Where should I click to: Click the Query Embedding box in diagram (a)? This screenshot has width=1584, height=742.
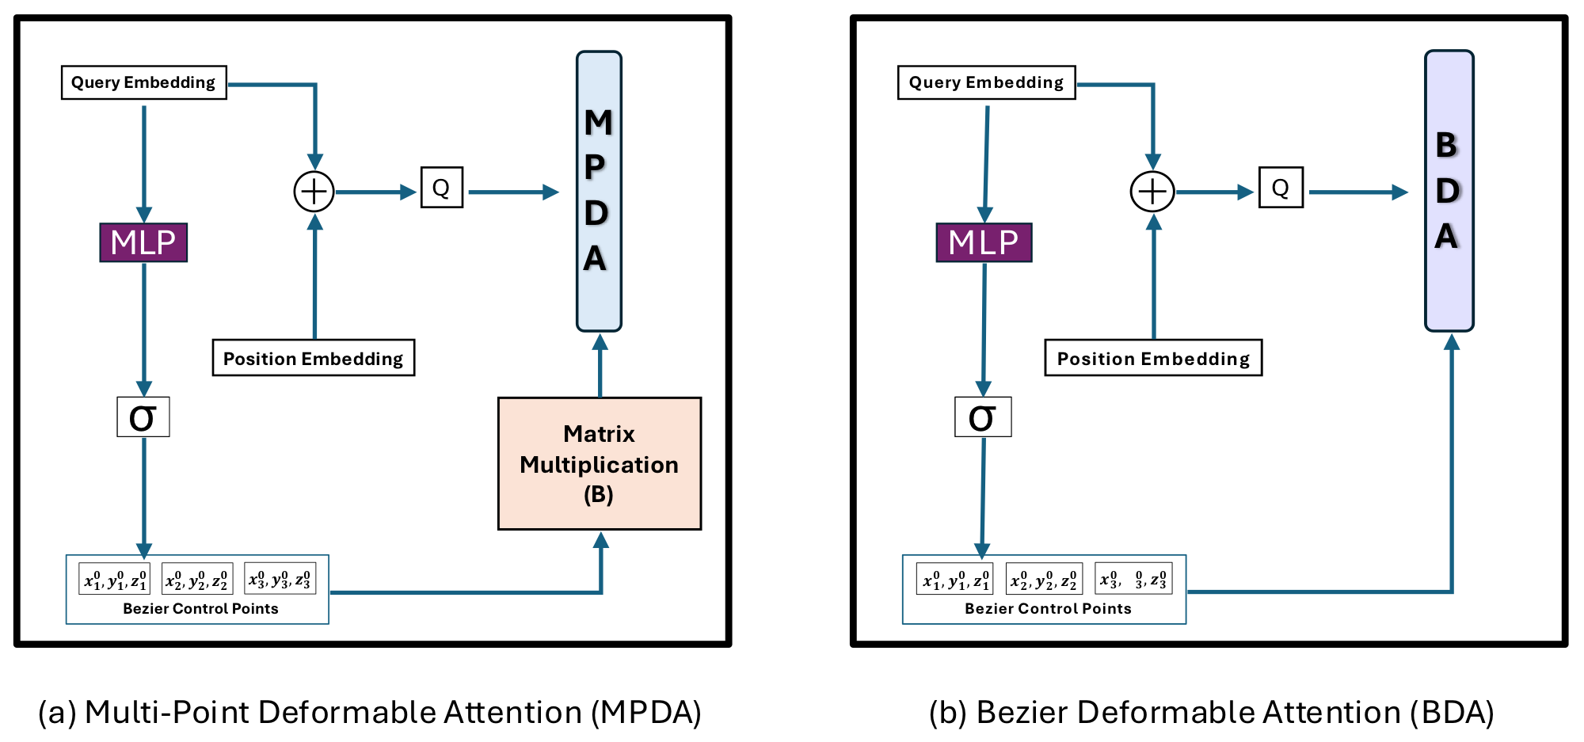tap(143, 82)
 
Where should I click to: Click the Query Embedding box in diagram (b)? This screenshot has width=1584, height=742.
tap(986, 82)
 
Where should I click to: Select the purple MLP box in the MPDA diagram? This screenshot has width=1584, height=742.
tap(143, 242)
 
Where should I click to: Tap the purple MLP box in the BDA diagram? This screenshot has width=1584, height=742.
tap(984, 242)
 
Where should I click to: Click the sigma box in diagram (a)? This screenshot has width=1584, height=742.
tap(143, 417)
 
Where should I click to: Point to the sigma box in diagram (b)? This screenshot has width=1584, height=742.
tap(983, 417)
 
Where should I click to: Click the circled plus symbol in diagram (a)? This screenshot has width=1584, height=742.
tap(314, 192)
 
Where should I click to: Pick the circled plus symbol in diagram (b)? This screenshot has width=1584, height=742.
tap(1152, 192)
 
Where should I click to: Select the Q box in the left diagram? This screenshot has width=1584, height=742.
tap(441, 188)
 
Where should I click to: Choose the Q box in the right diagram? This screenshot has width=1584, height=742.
tap(1281, 188)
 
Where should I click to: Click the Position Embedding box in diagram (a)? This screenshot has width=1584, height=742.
tap(313, 358)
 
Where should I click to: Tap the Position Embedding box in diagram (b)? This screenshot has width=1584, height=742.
tap(1153, 358)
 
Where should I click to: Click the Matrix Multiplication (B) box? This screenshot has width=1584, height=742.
tap(600, 464)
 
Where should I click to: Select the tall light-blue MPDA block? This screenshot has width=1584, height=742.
tap(599, 191)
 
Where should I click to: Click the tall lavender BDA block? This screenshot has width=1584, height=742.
tap(1449, 191)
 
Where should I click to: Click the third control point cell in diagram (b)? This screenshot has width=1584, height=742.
tap(1133, 580)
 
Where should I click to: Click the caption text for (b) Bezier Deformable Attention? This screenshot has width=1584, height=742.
tap(1211, 712)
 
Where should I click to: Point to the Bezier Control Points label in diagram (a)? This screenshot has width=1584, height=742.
tap(200, 608)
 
